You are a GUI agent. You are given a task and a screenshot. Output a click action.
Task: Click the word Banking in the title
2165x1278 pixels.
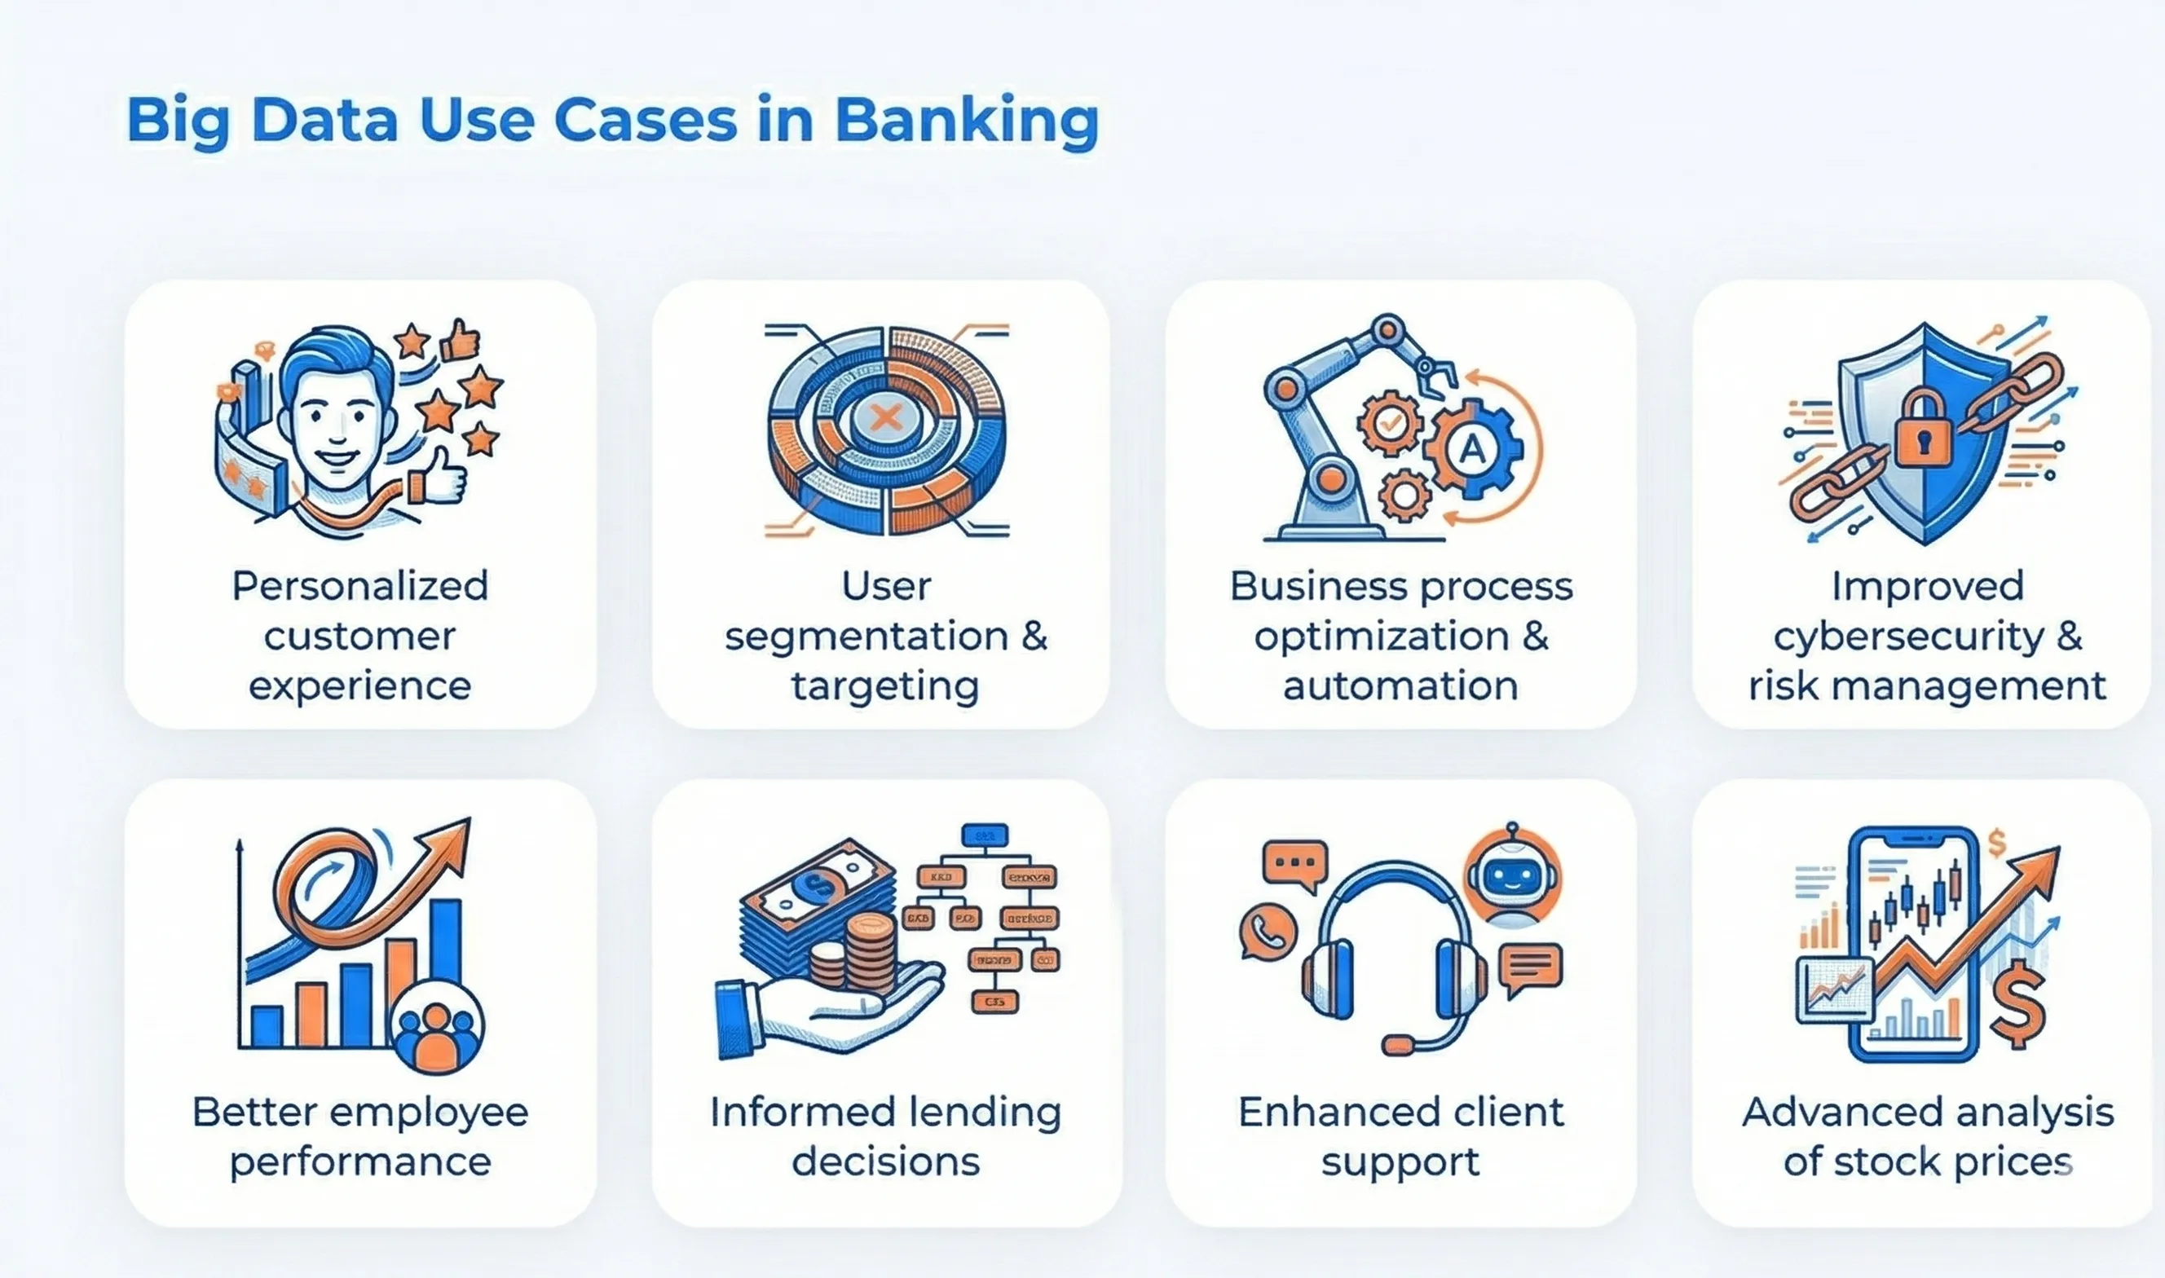pos(966,121)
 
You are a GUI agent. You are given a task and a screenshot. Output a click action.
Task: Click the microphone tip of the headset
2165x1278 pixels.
pos(1398,1045)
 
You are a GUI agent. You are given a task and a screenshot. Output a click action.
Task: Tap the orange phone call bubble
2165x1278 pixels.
pos(1268,931)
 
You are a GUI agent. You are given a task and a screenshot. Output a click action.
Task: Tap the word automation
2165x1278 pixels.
pos(1400,687)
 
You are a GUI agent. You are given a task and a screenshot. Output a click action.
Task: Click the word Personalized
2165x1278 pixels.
pos(360,587)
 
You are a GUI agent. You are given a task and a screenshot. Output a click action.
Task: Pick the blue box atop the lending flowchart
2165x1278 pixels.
pos(985,835)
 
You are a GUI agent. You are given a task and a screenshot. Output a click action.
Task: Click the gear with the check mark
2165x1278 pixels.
pos(1389,423)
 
